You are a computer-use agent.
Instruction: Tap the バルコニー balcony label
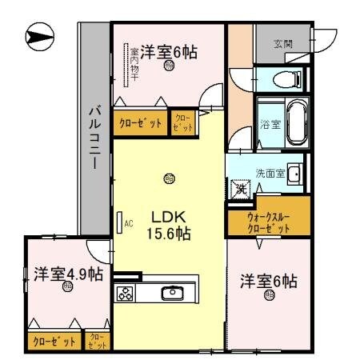click(94, 136)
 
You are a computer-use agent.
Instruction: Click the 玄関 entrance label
click(282, 44)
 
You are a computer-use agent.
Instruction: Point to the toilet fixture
click(284, 78)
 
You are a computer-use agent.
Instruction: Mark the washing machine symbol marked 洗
click(240, 190)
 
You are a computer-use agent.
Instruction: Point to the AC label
click(128, 224)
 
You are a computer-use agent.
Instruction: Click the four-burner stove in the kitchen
click(126, 293)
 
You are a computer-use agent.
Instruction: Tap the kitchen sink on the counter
click(173, 293)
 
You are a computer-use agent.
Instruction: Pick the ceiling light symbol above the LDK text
click(167, 178)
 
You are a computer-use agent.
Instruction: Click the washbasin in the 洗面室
click(294, 174)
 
